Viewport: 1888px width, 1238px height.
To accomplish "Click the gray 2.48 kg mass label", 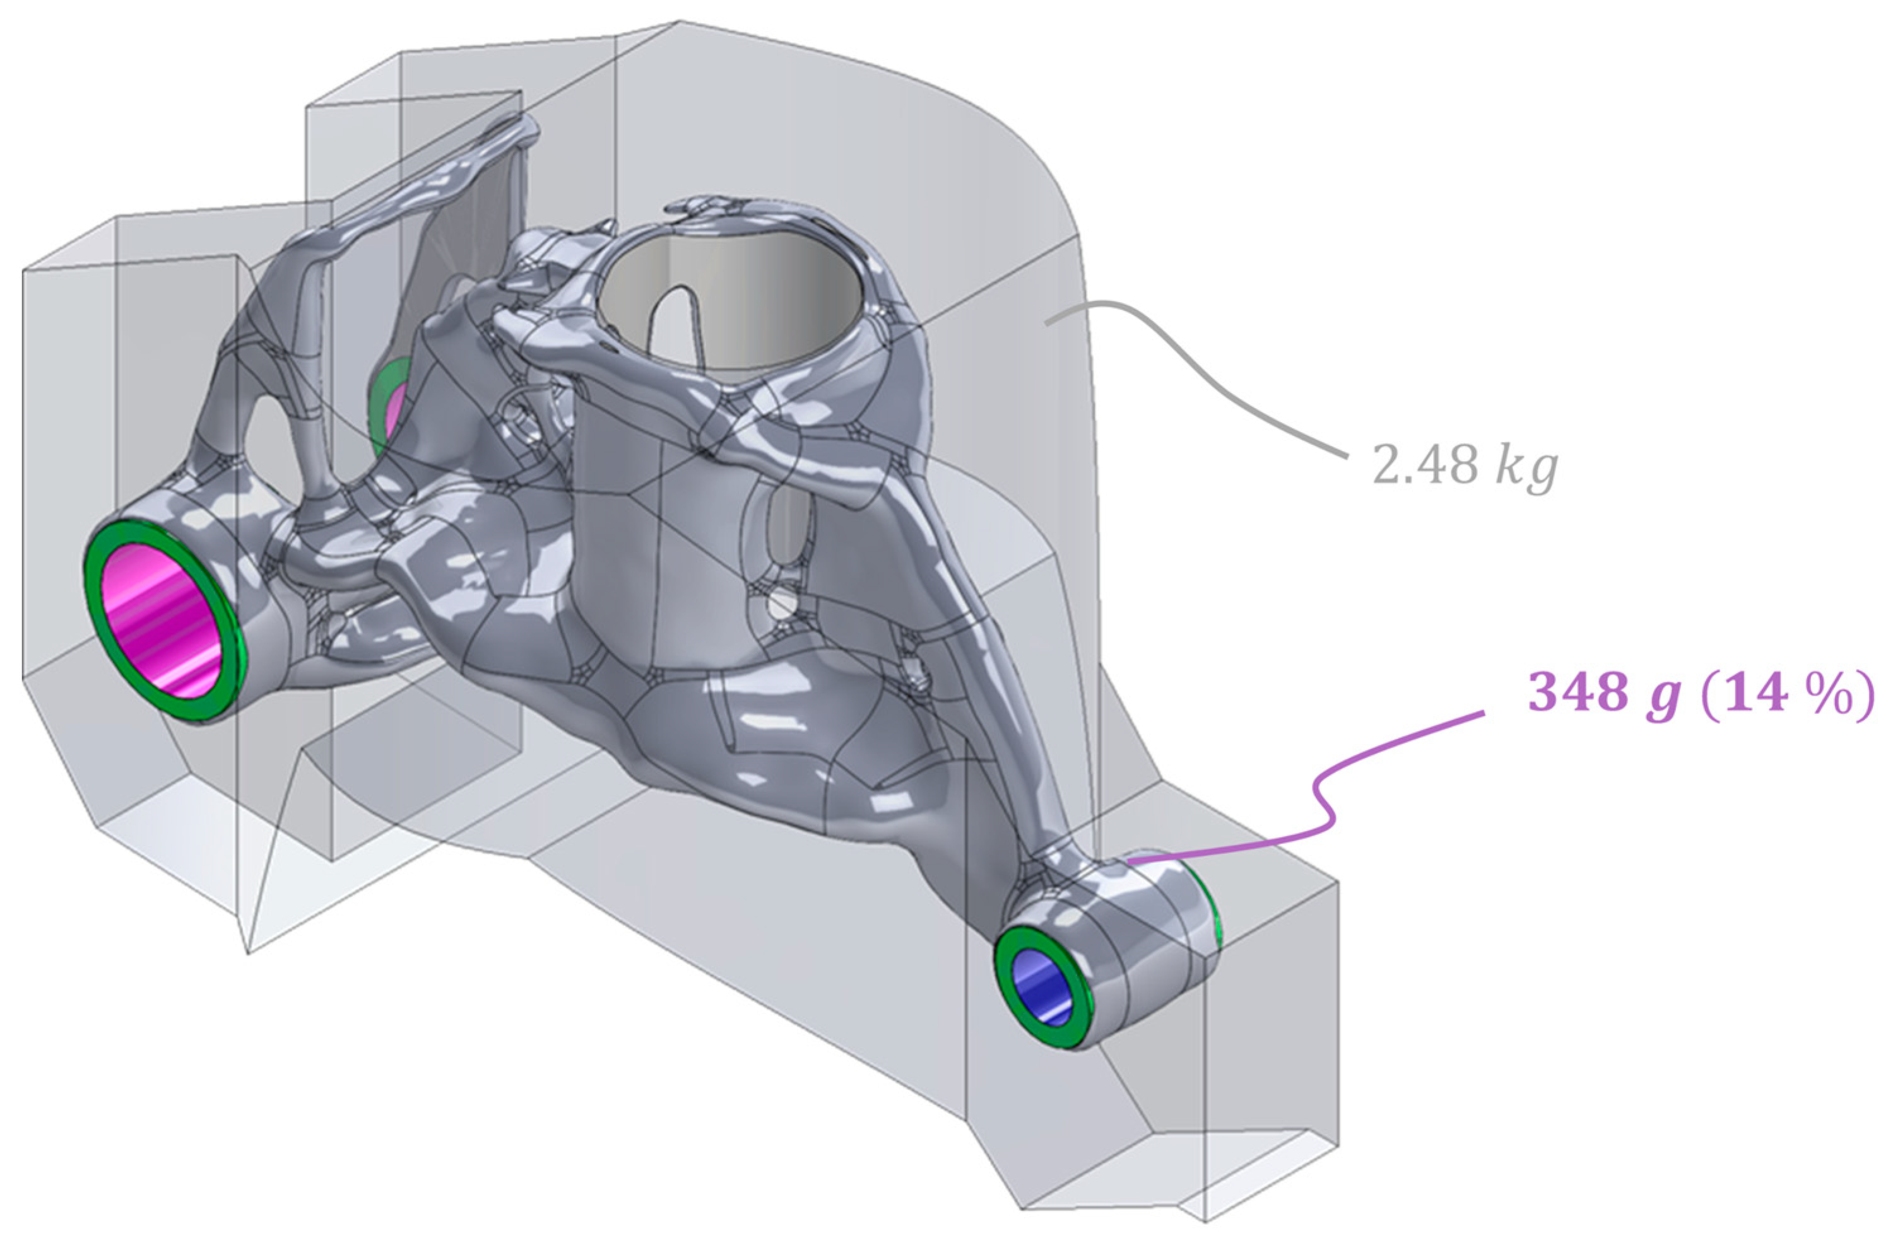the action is click(1465, 465).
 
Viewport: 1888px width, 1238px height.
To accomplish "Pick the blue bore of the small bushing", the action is click(1046, 988).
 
